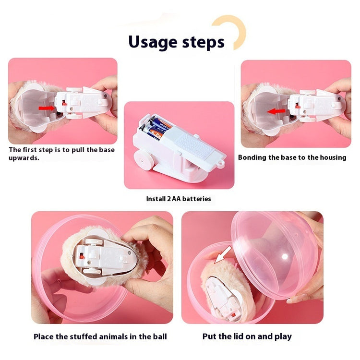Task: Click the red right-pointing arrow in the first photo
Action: coord(47,108)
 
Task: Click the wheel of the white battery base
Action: coord(145,161)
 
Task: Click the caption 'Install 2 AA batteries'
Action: coord(178,199)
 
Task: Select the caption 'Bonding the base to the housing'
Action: coord(292,157)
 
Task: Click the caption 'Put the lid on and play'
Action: coord(247,336)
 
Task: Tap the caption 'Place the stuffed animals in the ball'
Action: coord(100,336)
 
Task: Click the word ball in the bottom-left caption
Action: coord(158,336)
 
